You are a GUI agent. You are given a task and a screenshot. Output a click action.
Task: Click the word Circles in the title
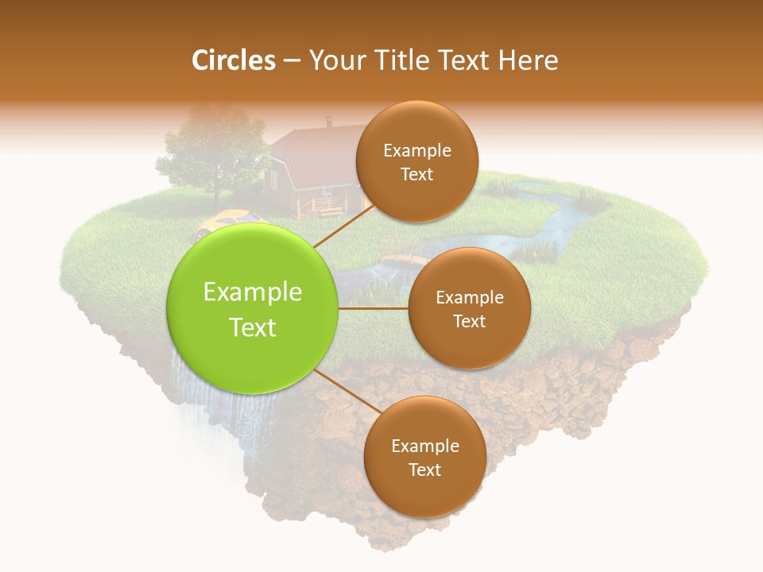[x=234, y=60]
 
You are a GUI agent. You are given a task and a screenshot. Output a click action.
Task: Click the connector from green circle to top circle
[x=343, y=227]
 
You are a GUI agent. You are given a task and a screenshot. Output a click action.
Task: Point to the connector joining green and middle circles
[x=374, y=308]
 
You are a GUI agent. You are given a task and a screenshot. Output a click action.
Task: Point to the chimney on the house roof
[x=329, y=122]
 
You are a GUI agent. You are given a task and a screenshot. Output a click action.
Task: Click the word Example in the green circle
[x=253, y=292]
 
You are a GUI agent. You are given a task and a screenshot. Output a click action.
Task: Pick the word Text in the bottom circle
[x=424, y=470]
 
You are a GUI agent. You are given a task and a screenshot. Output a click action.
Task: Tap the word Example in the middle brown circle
[x=469, y=298]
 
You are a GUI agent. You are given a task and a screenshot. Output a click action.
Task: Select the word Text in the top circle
[x=416, y=174]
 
